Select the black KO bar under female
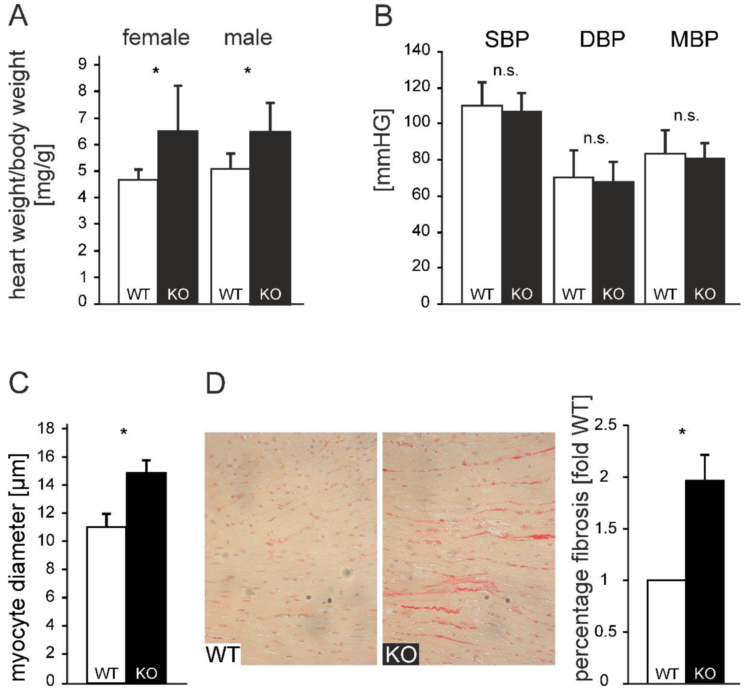click(177, 217)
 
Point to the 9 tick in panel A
click(82, 64)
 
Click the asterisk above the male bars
click(247, 71)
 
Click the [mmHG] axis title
click(384, 150)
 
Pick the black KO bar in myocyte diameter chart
click(146, 577)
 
